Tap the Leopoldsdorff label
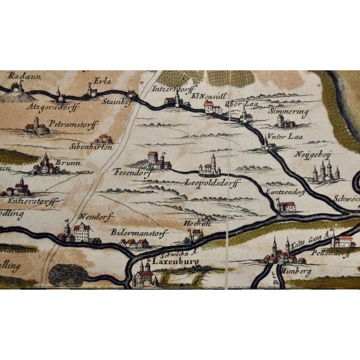coord(211,182)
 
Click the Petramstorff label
coord(65,119)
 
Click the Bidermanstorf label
coord(133,231)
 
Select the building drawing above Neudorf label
coord(79,231)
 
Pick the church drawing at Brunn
coord(46,166)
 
